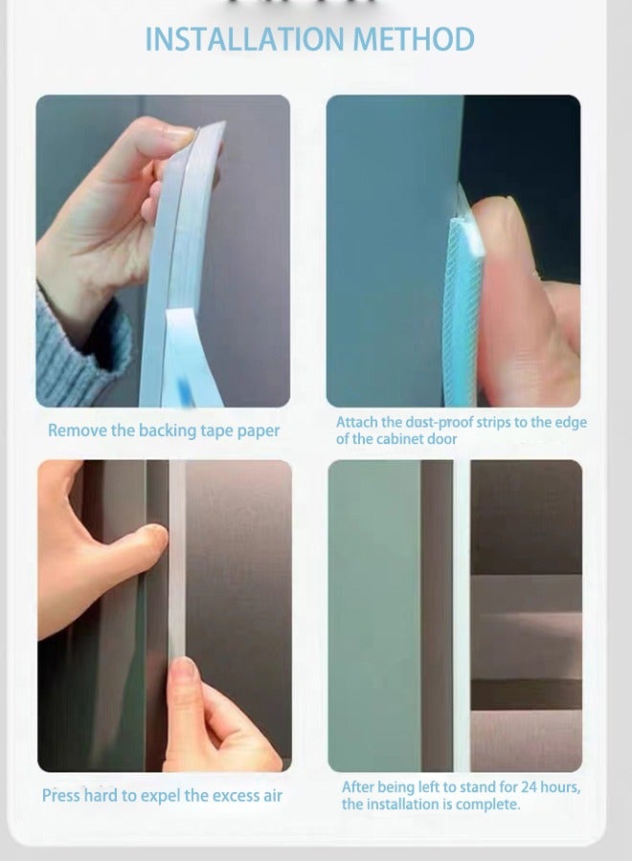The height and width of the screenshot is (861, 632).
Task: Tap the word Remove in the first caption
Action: click(x=78, y=430)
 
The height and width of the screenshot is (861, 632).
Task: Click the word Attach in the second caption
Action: click(x=357, y=422)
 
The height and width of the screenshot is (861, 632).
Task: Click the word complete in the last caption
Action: click(x=487, y=805)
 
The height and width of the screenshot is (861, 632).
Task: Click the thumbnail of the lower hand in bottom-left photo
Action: click(x=186, y=669)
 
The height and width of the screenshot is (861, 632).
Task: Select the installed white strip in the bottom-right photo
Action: click(x=462, y=612)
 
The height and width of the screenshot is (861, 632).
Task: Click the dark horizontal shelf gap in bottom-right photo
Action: click(x=527, y=694)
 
